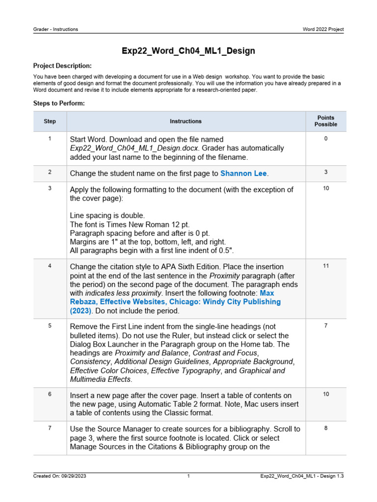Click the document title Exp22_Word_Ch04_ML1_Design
tap(188, 50)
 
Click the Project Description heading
tap(62, 66)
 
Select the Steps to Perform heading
tap(59, 103)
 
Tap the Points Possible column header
tap(326, 121)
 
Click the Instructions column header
tap(186, 121)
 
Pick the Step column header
tap(50, 121)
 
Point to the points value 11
tap(326, 266)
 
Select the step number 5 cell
tap(50, 326)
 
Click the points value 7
tap(326, 326)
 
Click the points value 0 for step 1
tap(326, 139)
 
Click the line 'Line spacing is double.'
tap(108, 216)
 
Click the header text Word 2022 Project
tap(323, 29)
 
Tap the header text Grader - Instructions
tap(55, 29)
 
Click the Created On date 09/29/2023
tap(74, 476)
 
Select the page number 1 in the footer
tap(188, 476)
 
